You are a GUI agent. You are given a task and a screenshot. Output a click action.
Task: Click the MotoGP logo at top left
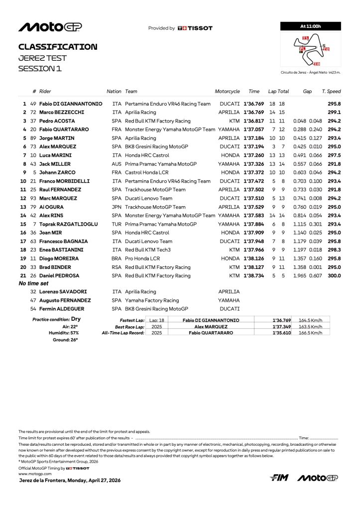click(50, 27)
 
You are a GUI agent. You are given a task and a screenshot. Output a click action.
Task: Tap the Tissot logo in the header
click(195, 28)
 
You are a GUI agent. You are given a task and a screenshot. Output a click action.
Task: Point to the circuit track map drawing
click(312, 49)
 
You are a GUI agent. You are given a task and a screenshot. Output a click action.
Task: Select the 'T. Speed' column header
click(331, 92)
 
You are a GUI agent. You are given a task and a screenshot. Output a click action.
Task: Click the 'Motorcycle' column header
click(227, 92)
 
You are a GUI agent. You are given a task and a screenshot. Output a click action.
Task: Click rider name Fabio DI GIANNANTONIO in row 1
click(71, 104)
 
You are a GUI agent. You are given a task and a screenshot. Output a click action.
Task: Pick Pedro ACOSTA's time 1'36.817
click(254, 121)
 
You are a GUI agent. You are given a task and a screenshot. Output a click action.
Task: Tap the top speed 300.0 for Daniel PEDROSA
click(334, 275)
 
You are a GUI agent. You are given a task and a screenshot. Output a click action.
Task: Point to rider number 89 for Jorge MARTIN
click(34, 138)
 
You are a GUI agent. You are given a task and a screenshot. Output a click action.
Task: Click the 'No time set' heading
click(33, 283)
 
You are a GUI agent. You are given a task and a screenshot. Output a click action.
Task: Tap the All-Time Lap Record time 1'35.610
click(282, 333)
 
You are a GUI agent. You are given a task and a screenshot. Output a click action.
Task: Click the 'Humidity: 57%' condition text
click(63, 333)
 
